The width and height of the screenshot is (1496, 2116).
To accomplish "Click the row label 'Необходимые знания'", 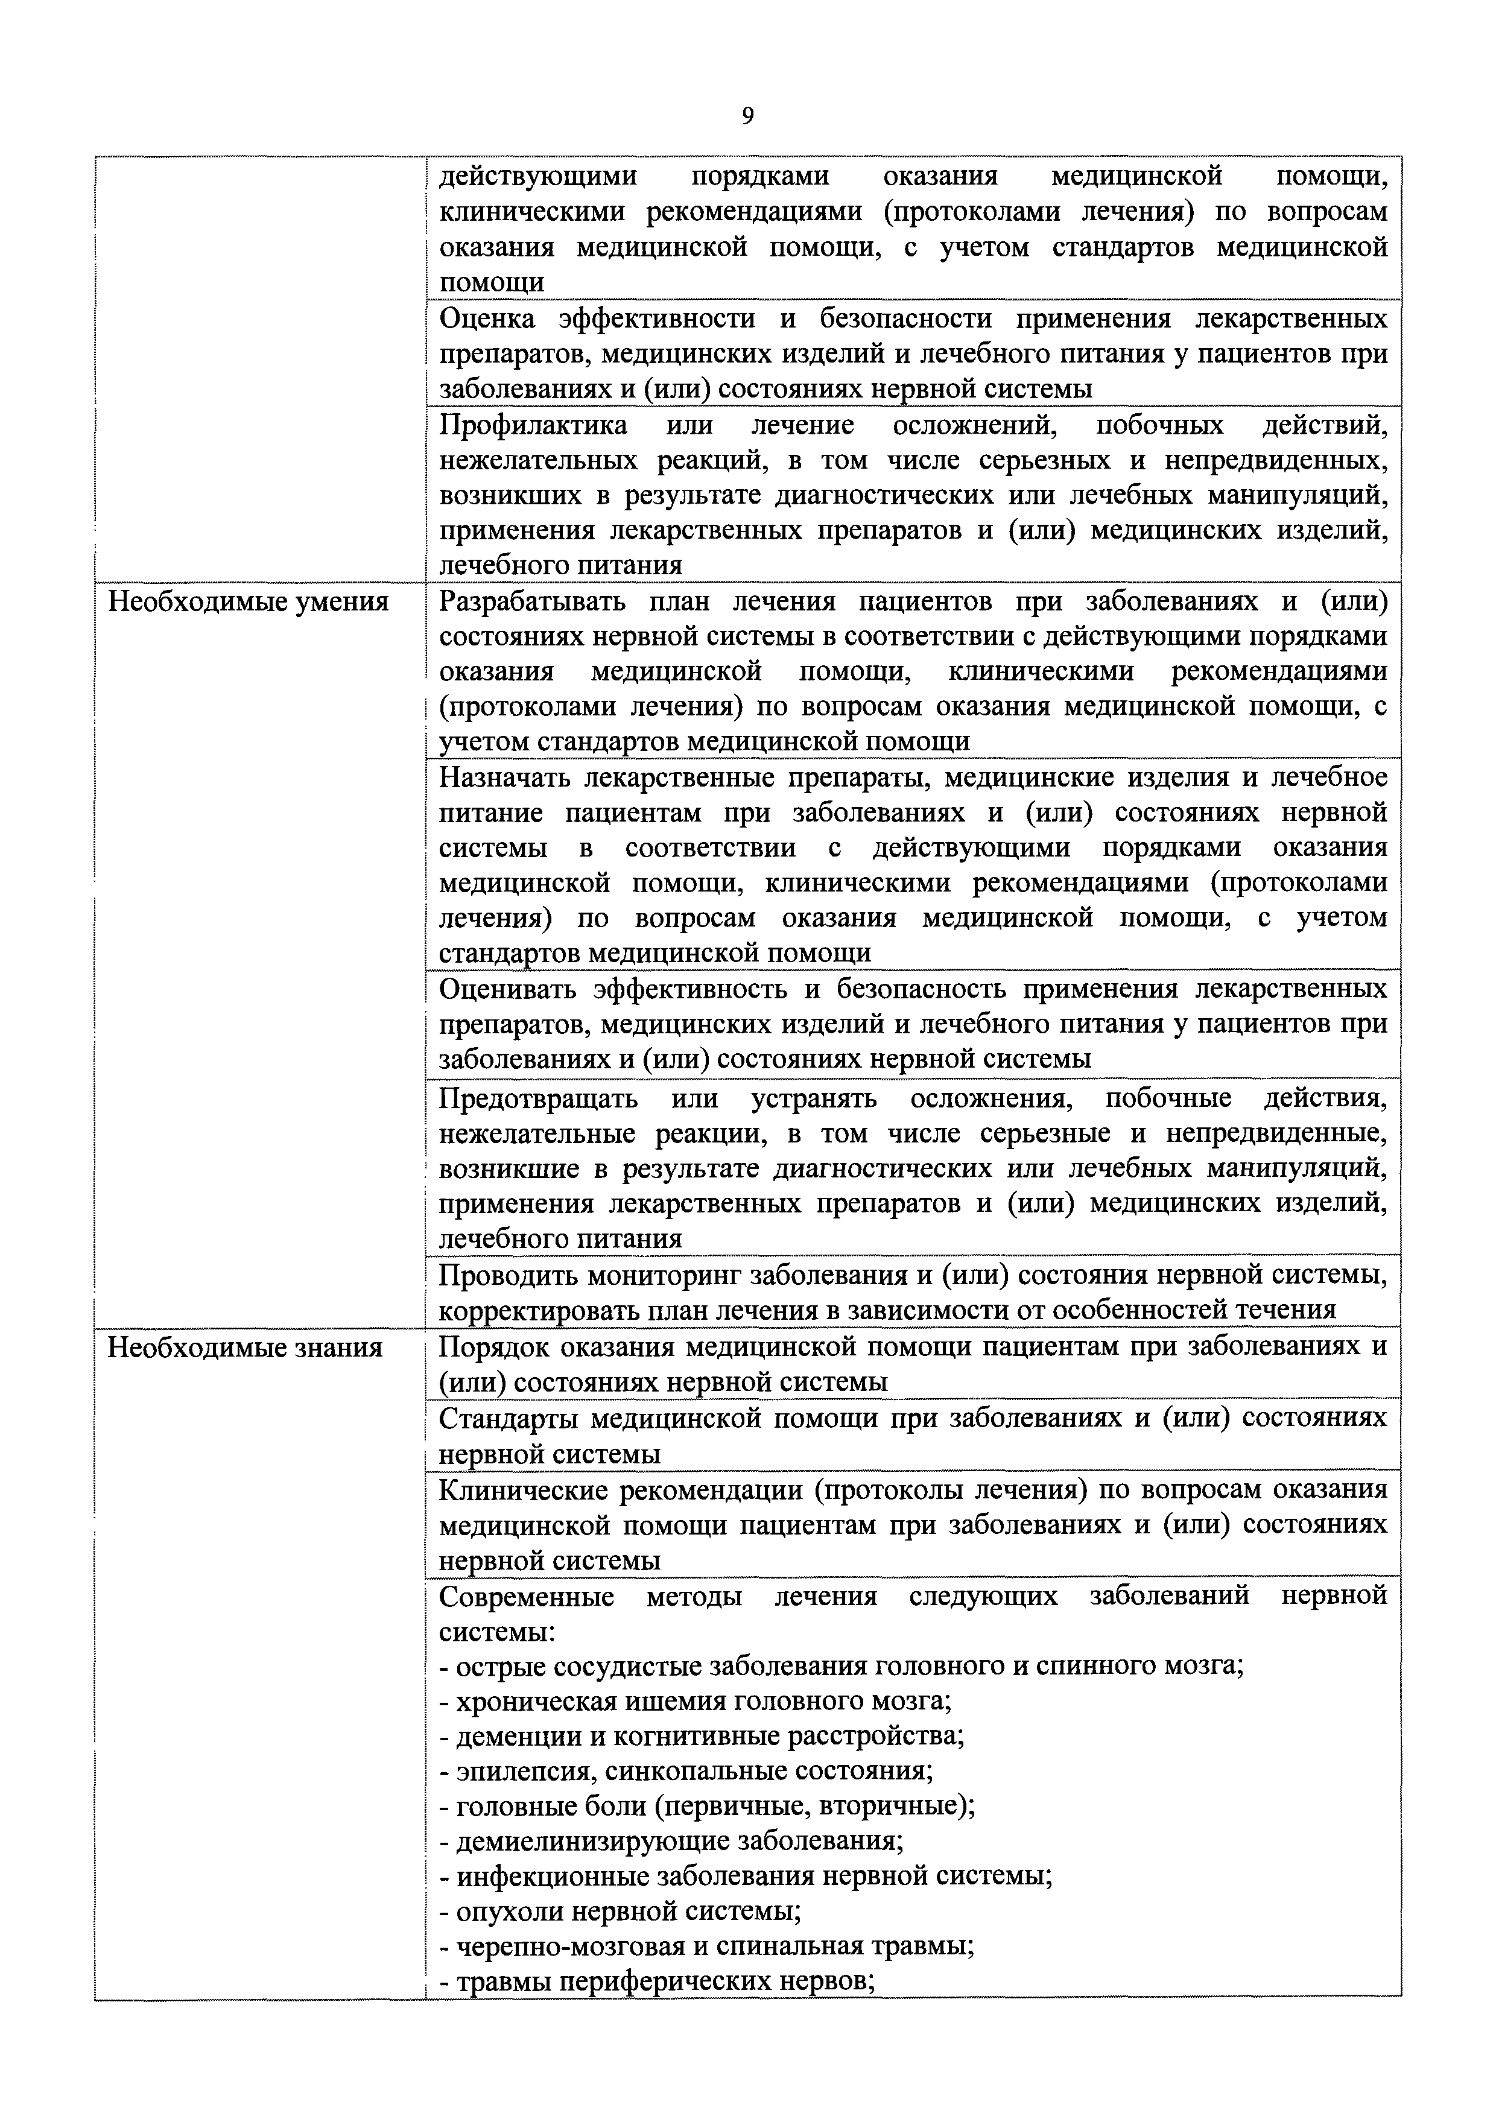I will coord(245,1348).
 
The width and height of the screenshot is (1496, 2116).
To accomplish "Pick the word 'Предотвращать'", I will coord(539,1098).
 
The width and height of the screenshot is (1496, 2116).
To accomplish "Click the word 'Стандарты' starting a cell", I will coord(506,1418).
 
